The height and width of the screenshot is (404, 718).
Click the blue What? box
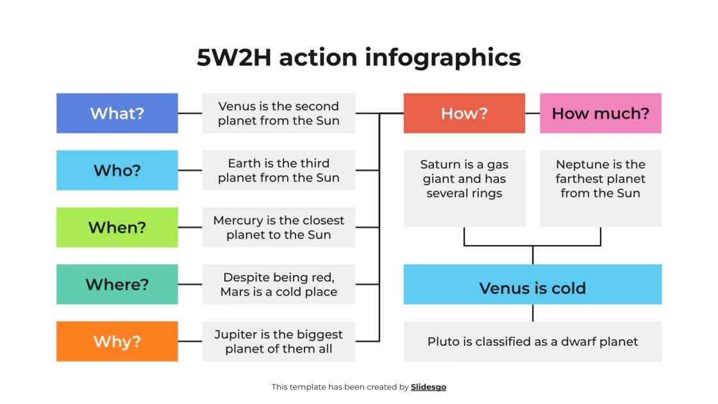[x=117, y=114]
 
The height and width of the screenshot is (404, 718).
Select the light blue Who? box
[x=117, y=171]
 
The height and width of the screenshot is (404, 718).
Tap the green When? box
[x=117, y=227]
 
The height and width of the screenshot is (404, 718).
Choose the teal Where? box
[x=117, y=284]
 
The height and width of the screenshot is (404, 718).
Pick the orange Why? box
[x=117, y=341]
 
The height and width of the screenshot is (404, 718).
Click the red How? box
[x=464, y=114]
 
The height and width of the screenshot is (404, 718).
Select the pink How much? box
[x=600, y=114]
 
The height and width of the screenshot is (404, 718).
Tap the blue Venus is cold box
[x=532, y=288]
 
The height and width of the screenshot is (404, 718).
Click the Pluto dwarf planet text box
[x=532, y=341]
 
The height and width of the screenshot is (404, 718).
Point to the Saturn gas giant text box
[x=464, y=189]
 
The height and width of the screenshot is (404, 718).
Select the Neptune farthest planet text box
[x=600, y=189]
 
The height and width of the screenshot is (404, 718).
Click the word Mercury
[x=238, y=221]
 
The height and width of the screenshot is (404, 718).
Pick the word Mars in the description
[x=235, y=292]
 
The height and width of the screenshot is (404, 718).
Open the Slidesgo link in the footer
[x=428, y=387]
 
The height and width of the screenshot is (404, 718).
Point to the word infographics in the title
[x=443, y=58]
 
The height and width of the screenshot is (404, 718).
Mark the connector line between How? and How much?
[x=532, y=114]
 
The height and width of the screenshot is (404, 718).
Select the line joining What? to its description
[x=190, y=114]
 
